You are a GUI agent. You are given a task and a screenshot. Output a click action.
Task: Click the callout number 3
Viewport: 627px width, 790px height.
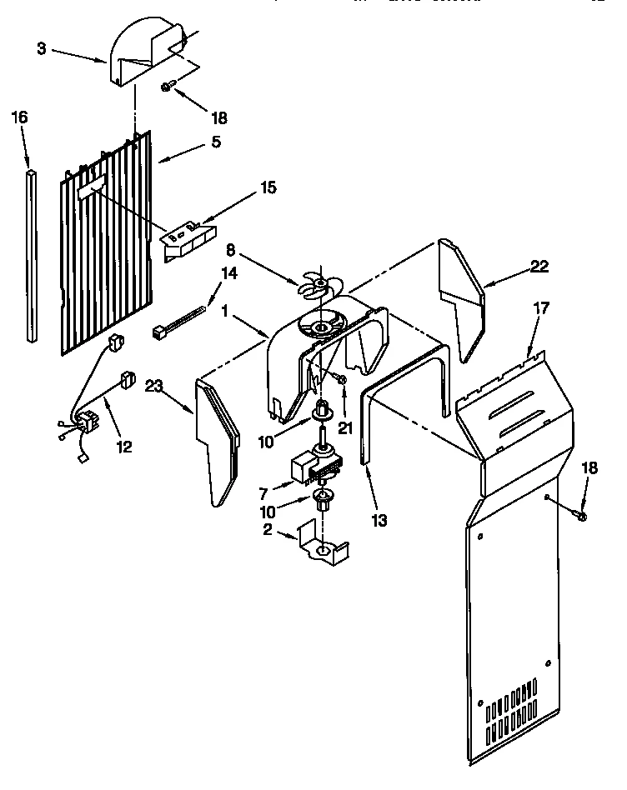[x=42, y=49]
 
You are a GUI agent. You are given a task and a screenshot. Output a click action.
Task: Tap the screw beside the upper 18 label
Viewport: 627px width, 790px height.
[x=167, y=86]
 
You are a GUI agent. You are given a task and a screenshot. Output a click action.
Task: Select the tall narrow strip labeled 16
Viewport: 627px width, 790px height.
[x=32, y=255]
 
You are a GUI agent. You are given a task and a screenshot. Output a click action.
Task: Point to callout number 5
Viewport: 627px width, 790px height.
[x=216, y=142]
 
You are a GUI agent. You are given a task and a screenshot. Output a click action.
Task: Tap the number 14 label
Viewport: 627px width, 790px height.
[x=228, y=272]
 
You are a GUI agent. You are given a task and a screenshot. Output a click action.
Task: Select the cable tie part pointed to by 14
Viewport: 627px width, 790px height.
[x=177, y=323]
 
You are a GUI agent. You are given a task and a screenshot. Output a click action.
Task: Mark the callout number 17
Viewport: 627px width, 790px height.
[x=541, y=307]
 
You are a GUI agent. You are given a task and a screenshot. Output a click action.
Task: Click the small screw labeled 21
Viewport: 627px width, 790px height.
[x=342, y=379]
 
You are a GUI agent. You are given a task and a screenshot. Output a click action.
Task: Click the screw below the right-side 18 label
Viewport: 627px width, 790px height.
[x=582, y=517]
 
